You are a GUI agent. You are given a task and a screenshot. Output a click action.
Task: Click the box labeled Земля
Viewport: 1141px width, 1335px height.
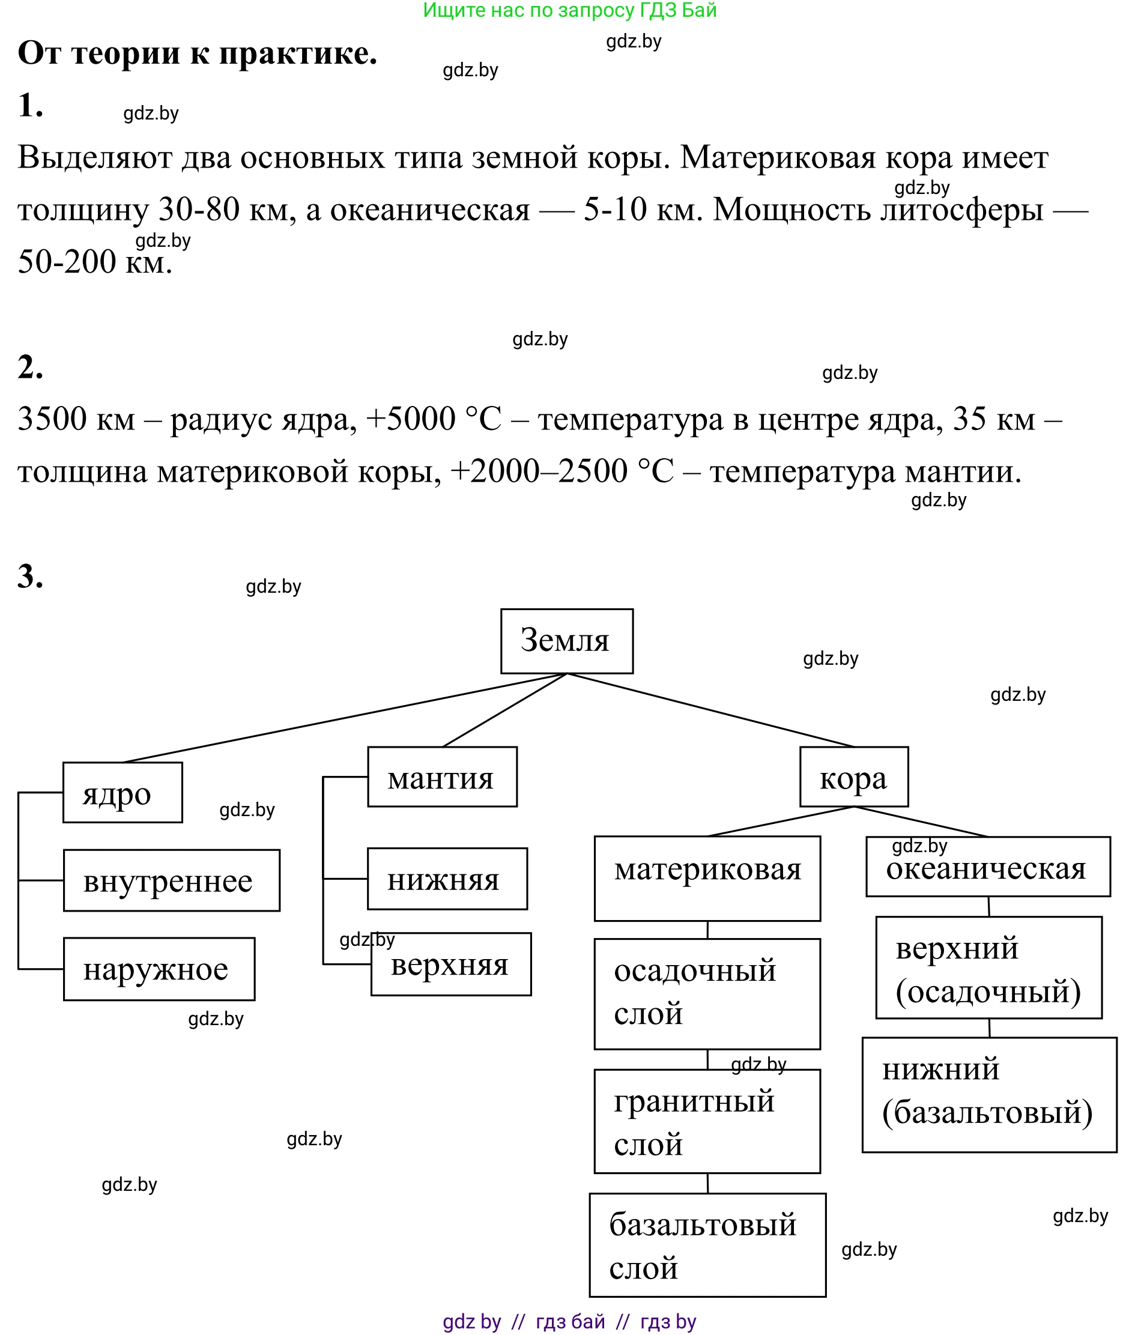coord(566,641)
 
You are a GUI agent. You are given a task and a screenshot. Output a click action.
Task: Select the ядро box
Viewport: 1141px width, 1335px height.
coord(123,793)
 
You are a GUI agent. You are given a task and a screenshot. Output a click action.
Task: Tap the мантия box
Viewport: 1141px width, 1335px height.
coord(442,776)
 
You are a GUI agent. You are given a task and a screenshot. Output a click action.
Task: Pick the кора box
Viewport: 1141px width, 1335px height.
coord(854,776)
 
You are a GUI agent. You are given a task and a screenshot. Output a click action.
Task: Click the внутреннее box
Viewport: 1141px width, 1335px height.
coord(171,880)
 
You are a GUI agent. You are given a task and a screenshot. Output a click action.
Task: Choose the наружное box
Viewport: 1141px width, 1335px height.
coord(159,969)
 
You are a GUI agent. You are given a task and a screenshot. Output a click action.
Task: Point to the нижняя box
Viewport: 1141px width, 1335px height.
coord(447,878)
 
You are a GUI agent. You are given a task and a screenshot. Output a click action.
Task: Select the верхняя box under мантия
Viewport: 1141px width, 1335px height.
coord(451,964)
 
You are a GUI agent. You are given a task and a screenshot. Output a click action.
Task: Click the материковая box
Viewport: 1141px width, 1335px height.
coord(707,878)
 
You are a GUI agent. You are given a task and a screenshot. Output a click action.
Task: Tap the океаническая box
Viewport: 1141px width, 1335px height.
coord(988,867)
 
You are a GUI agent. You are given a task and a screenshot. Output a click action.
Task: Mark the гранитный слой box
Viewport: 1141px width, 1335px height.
coord(707,1122)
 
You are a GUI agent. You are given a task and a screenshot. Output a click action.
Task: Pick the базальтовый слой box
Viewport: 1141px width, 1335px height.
coord(707,1245)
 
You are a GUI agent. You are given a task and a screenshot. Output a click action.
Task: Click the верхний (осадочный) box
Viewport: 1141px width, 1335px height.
coord(988,967)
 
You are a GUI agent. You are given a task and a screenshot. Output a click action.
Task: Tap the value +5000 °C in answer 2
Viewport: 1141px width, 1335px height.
coord(433,419)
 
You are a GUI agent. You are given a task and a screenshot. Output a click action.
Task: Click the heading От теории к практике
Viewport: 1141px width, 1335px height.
coord(197,53)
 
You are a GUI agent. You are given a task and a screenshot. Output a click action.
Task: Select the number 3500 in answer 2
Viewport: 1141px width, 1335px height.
coord(52,419)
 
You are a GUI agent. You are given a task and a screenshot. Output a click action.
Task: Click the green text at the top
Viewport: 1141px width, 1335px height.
coord(569,10)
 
